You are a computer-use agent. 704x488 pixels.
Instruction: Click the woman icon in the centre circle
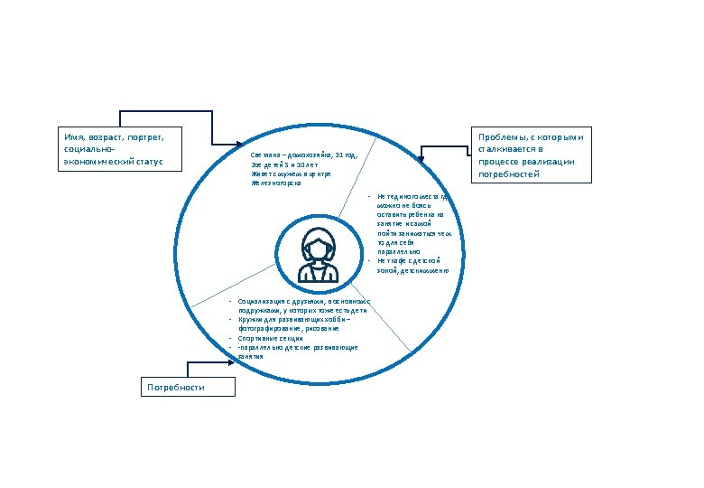[319, 256]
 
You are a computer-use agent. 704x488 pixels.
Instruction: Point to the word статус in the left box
[158, 162]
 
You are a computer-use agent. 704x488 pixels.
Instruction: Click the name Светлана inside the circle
[264, 155]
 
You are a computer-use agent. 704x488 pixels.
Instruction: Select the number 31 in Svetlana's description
[339, 155]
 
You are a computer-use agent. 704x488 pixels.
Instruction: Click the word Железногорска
[275, 183]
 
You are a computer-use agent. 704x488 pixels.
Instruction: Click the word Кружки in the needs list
[249, 320]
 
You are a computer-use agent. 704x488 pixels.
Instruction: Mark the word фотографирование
[264, 329]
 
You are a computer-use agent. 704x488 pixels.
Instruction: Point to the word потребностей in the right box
[509, 174]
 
